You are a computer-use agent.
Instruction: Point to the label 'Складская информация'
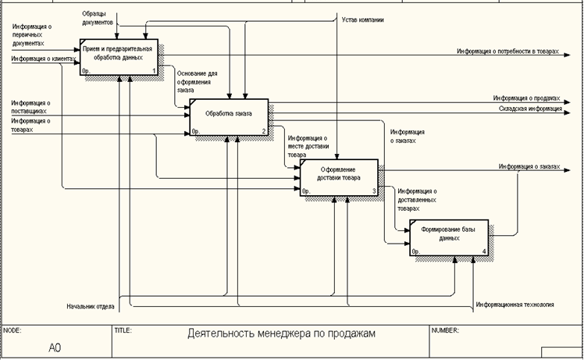click(x=531, y=109)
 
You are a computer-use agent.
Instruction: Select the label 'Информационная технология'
click(x=515, y=304)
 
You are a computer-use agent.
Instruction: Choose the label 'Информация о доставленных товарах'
click(x=416, y=200)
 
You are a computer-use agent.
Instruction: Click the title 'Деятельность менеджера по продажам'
click(x=282, y=333)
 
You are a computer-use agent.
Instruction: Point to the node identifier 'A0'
click(x=55, y=346)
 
